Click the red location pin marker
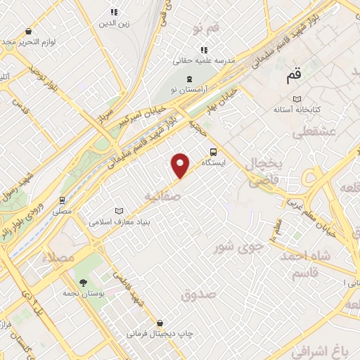click(181, 165)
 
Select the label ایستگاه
click(213, 162)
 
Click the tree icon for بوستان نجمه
click(84, 282)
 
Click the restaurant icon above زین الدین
click(115, 12)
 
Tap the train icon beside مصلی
click(63, 200)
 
